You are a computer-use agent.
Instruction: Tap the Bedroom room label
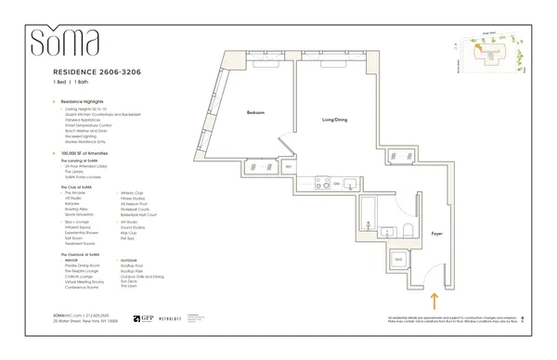click(256, 112)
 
